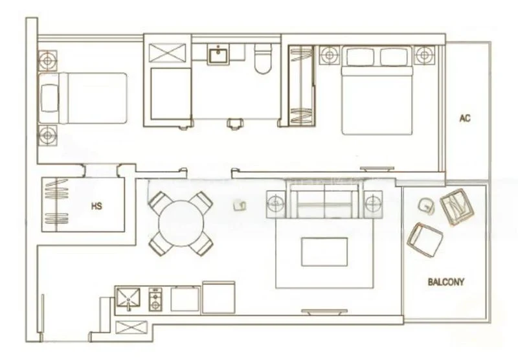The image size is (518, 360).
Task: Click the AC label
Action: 464,118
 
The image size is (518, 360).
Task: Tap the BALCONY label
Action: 445,282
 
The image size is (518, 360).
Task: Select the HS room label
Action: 97,207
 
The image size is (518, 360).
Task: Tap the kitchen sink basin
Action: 129,299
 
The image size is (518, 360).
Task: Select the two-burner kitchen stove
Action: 156,299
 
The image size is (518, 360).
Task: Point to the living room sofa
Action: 324,202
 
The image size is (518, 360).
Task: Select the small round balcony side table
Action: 427,205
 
